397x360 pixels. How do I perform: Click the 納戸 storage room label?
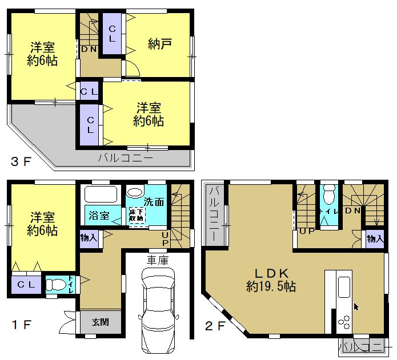pyautogui.click(x=160, y=45)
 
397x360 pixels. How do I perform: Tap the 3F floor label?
pyautogui.click(x=21, y=161)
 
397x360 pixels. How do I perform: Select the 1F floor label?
pyautogui.click(x=22, y=325)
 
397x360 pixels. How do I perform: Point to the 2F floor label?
pyautogui.click(x=215, y=326)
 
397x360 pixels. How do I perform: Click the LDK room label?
pyautogui.click(x=271, y=273)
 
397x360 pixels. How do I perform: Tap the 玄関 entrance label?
pyautogui.click(x=101, y=322)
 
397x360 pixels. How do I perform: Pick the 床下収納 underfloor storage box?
pyautogui.click(x=137, y=215)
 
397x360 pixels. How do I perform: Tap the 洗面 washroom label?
pyautogui.click(x=154, y=202)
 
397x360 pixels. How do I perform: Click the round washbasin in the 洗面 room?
pyautogui.click(x=135, y=192)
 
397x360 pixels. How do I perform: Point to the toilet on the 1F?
pyautogui.click(x=56, y=285)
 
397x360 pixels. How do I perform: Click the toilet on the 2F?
pyautogui.click(x=329, y=195)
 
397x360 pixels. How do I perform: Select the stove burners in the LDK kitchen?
pyautogui.click(x=344, y=322)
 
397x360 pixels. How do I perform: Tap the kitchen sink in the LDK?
pyautogui.click(x=344, y=287)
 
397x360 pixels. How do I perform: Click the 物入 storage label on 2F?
pyautogui.click(x=375, y=238)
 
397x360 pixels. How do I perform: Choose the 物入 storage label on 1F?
pyautogui.click(x=89, y=238)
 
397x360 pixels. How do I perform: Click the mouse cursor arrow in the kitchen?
pyautogui.click(x=356, y=307)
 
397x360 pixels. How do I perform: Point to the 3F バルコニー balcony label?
pyautogui.click(x=126, y=158)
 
